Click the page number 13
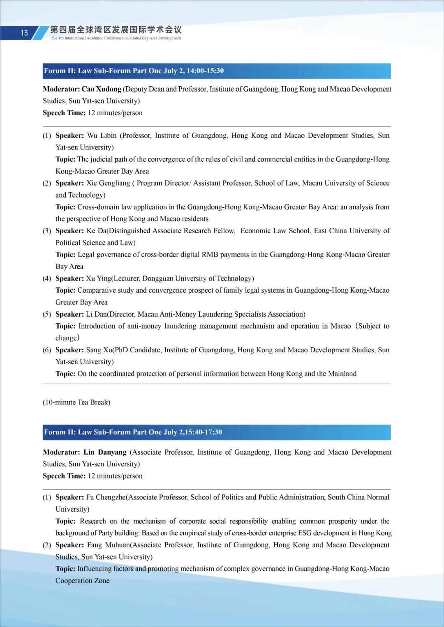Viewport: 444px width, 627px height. pos(24,33)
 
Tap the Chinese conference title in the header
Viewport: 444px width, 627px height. pos(116,30)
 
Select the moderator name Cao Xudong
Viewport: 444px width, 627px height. pos(102,89)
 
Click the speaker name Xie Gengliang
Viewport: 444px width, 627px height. pos(108,183)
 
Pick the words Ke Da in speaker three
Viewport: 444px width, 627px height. pos(96,231)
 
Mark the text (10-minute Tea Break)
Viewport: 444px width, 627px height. pos(76,402)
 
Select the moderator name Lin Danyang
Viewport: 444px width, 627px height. pos(105,452)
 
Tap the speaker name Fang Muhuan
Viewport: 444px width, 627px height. pos(109,545)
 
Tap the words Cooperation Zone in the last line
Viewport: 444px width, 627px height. pos(83,581)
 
